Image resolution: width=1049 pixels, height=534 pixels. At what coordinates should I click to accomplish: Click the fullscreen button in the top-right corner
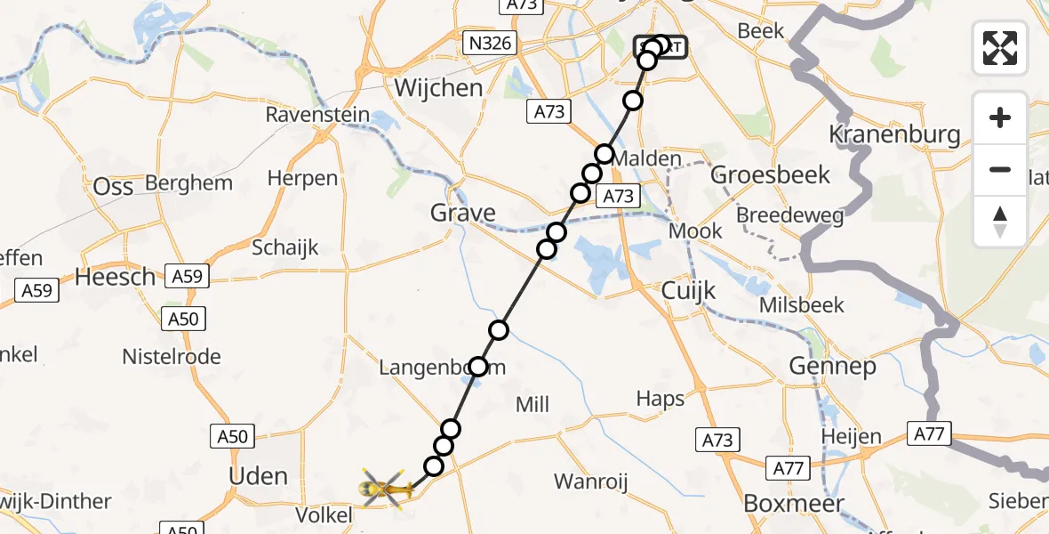point(1000,48)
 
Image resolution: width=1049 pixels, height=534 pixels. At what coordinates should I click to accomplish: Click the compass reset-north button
point(1000,222)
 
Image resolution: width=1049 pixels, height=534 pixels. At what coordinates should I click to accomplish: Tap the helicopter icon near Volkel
point(386,488)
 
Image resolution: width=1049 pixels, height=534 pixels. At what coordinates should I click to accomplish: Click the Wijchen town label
point(438,88)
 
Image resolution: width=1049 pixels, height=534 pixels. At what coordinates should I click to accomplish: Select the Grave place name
point(462,213)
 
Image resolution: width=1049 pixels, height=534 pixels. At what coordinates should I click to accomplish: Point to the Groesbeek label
point(771,174)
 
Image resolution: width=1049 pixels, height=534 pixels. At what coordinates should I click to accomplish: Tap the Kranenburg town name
point(894,134)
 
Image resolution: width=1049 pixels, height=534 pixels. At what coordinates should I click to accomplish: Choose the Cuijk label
point(689,291)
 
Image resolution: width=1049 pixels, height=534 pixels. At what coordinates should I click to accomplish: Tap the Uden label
point(258,476)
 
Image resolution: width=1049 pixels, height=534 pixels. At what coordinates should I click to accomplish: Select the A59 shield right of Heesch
point(187,277)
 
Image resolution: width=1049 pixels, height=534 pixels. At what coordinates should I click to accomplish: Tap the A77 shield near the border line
point(930,434)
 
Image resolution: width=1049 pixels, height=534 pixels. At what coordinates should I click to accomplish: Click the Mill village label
point(533,405)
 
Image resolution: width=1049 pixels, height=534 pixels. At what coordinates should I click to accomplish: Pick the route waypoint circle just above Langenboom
point(499,331)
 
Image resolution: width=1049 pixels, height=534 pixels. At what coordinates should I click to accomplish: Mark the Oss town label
point(113,186)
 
